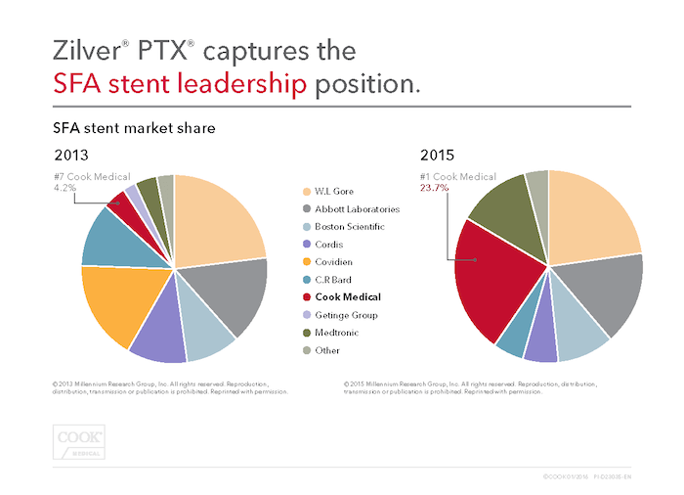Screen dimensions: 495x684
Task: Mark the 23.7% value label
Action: tap(436, 188)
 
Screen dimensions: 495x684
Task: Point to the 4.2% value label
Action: tap(66, 188)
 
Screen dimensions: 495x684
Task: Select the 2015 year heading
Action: tap(437, 155)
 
